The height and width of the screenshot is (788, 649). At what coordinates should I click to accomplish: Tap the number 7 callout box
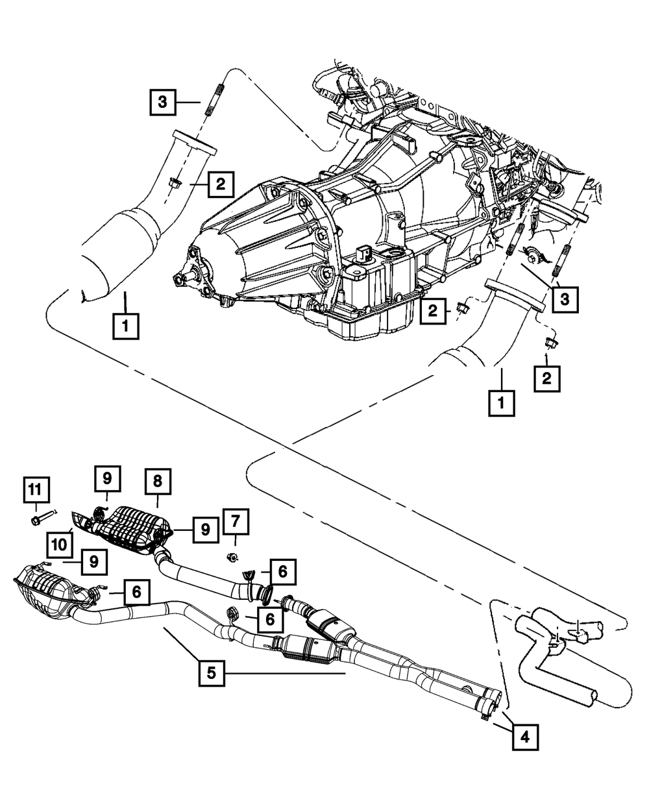coord(236,522)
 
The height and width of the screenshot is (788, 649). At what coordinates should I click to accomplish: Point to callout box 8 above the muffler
coord(157,482)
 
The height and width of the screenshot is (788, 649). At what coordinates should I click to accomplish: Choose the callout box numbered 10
coord(60,545)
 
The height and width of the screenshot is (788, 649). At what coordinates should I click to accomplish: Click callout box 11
coord(36,490)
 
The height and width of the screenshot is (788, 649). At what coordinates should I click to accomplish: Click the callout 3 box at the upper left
coord(162,103)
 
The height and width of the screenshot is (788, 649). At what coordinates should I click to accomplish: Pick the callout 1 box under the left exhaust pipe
coord(126,326)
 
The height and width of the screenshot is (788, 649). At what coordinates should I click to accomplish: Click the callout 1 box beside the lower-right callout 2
coord(502,404)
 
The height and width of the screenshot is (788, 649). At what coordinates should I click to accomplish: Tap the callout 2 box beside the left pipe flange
coord(221,184)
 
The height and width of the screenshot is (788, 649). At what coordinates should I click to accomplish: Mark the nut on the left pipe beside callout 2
coord(175,184)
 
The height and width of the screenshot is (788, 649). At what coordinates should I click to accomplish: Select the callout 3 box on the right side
coord(565,300)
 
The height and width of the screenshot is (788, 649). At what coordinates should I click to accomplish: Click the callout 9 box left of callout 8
coord(108,478)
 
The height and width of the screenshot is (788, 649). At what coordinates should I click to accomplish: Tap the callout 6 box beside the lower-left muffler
coord(136,592)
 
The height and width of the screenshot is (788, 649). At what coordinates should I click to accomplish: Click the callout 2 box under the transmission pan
coord(433,311)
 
